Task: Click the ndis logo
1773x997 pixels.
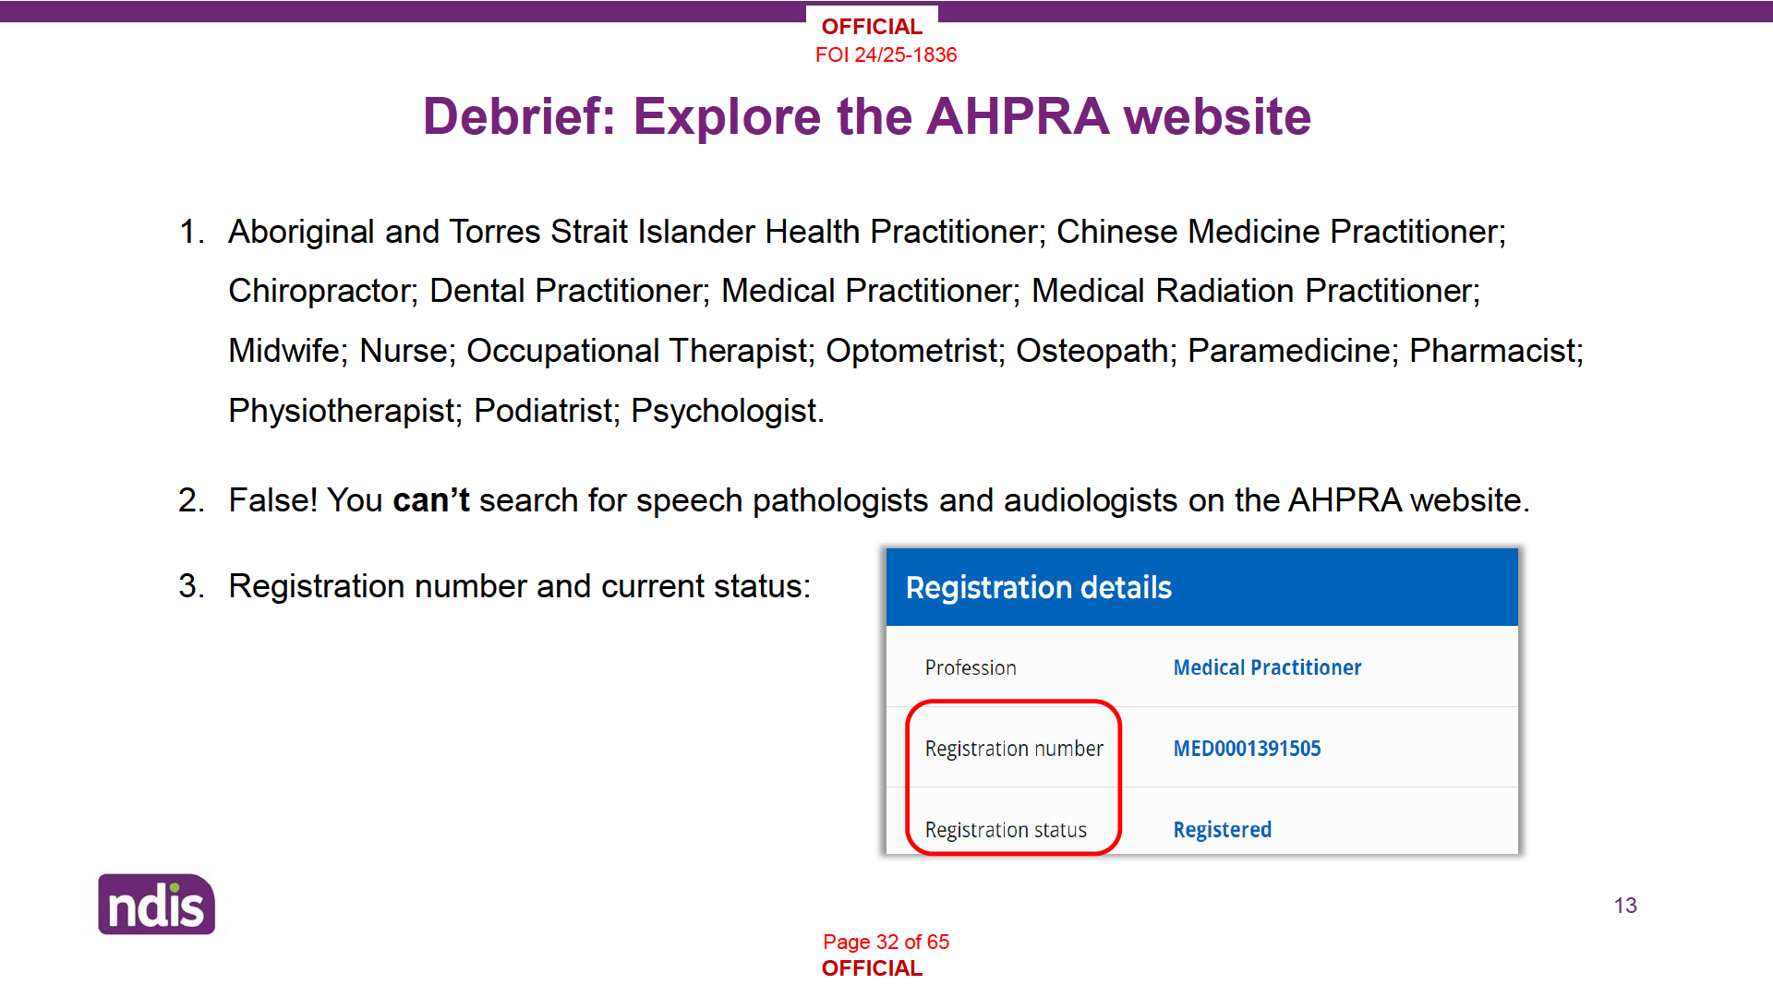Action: pos(156,904)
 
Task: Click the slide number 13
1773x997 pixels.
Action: pos(1625,906)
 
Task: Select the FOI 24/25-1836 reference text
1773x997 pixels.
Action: pos(886,55)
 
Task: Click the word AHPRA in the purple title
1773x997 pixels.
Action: pos(1018,116)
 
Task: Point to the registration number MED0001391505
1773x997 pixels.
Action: pos(1247,749)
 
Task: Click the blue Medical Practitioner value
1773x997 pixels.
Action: pos(1267,667)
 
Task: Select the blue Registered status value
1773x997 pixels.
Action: pos(1222,830)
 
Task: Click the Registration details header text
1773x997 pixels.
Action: pos(1038,588)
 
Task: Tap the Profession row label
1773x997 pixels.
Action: pos(971,667)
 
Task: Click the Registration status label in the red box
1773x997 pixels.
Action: pos(1006,830)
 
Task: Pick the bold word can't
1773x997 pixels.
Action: pos(431,500)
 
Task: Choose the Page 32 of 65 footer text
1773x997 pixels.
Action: pos(886,942)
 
